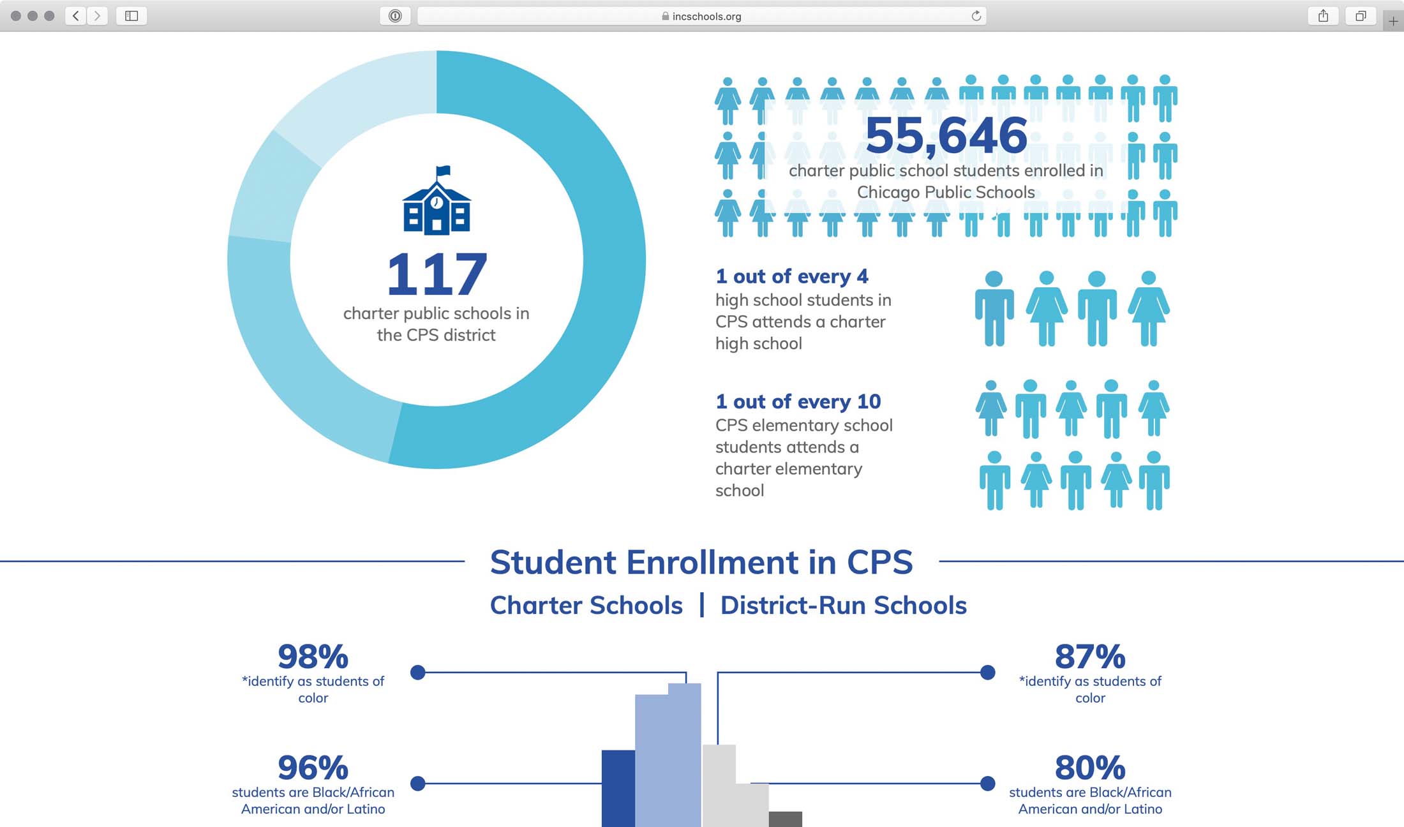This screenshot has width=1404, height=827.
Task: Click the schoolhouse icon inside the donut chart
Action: [x=437, y=201]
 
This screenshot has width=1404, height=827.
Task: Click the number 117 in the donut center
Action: [x=437, y=274]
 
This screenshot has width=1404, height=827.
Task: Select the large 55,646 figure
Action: [x=946, y=135]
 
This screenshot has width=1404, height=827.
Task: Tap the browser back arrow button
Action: [x=76, y=16]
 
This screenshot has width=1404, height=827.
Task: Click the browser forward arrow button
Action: [x=97, y=16]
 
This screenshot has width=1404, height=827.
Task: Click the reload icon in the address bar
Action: [x=976, y=16]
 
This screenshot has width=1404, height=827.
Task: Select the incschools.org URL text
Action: [x=706, y=17]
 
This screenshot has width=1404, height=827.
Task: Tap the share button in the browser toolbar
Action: [x=1323, y=16]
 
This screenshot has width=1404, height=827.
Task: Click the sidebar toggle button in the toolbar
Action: [x=131, y=16]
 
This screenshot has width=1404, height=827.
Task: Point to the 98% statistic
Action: [x=313, y=656]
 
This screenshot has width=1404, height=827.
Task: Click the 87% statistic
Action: [x=1090, y=656]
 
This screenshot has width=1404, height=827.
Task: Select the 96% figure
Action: [x=313, y=767]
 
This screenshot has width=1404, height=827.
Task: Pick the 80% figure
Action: [x=1090, y=767]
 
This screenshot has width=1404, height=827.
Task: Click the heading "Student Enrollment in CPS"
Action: [x=701, y=562]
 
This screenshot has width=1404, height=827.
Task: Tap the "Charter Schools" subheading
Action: [x=586, y=605]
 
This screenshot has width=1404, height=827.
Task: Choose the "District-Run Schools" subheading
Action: [x=843, y=605]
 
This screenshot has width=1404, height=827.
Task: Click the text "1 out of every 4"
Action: [x=791, y=276]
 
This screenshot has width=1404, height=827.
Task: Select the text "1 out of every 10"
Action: [x=798, y=401]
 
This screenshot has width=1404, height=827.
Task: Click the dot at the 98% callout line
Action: [x=418, y=672]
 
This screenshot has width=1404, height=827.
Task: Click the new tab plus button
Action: [x=1393, y=21]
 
